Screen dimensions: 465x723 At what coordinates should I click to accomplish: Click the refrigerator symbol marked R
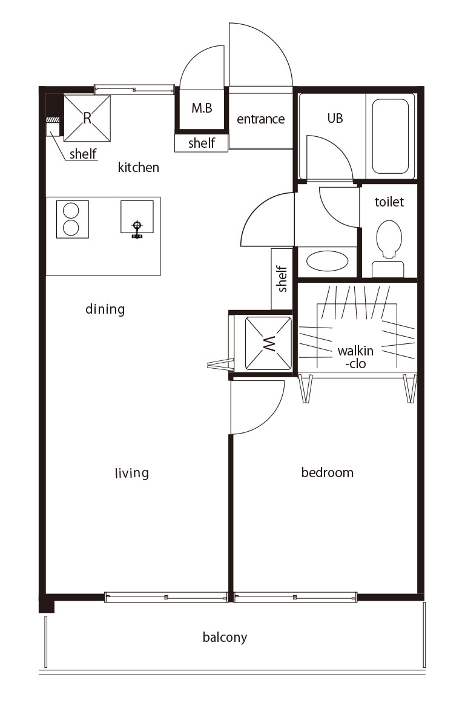click(87, 118)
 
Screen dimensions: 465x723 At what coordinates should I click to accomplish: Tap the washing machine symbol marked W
click(268, 343)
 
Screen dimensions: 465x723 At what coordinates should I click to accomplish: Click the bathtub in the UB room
click(390, 136)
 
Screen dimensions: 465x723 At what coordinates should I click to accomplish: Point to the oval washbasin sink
click(327, 261)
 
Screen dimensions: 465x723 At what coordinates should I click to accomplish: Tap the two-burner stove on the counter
click(73, 219)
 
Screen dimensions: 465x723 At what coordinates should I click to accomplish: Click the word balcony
click(225, 637)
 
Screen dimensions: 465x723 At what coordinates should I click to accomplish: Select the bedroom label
click(327, 472)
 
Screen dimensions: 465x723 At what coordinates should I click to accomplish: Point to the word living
click(132, 473)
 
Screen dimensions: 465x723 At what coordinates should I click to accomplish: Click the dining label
click(105, 309)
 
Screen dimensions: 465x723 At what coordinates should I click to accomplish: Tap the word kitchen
click(138, 167)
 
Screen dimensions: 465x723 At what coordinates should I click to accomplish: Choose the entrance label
click(261, 119)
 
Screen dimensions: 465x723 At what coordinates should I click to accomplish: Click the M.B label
click(202, 108)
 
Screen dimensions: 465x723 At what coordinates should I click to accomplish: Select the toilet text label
click(389, 202)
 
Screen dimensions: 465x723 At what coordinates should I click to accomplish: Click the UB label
click(335, 119)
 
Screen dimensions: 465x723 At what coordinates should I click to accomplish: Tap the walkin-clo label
click(355, 357)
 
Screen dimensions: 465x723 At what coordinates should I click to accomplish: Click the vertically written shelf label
click(282, 279)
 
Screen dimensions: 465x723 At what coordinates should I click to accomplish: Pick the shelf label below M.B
click(202, 143)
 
